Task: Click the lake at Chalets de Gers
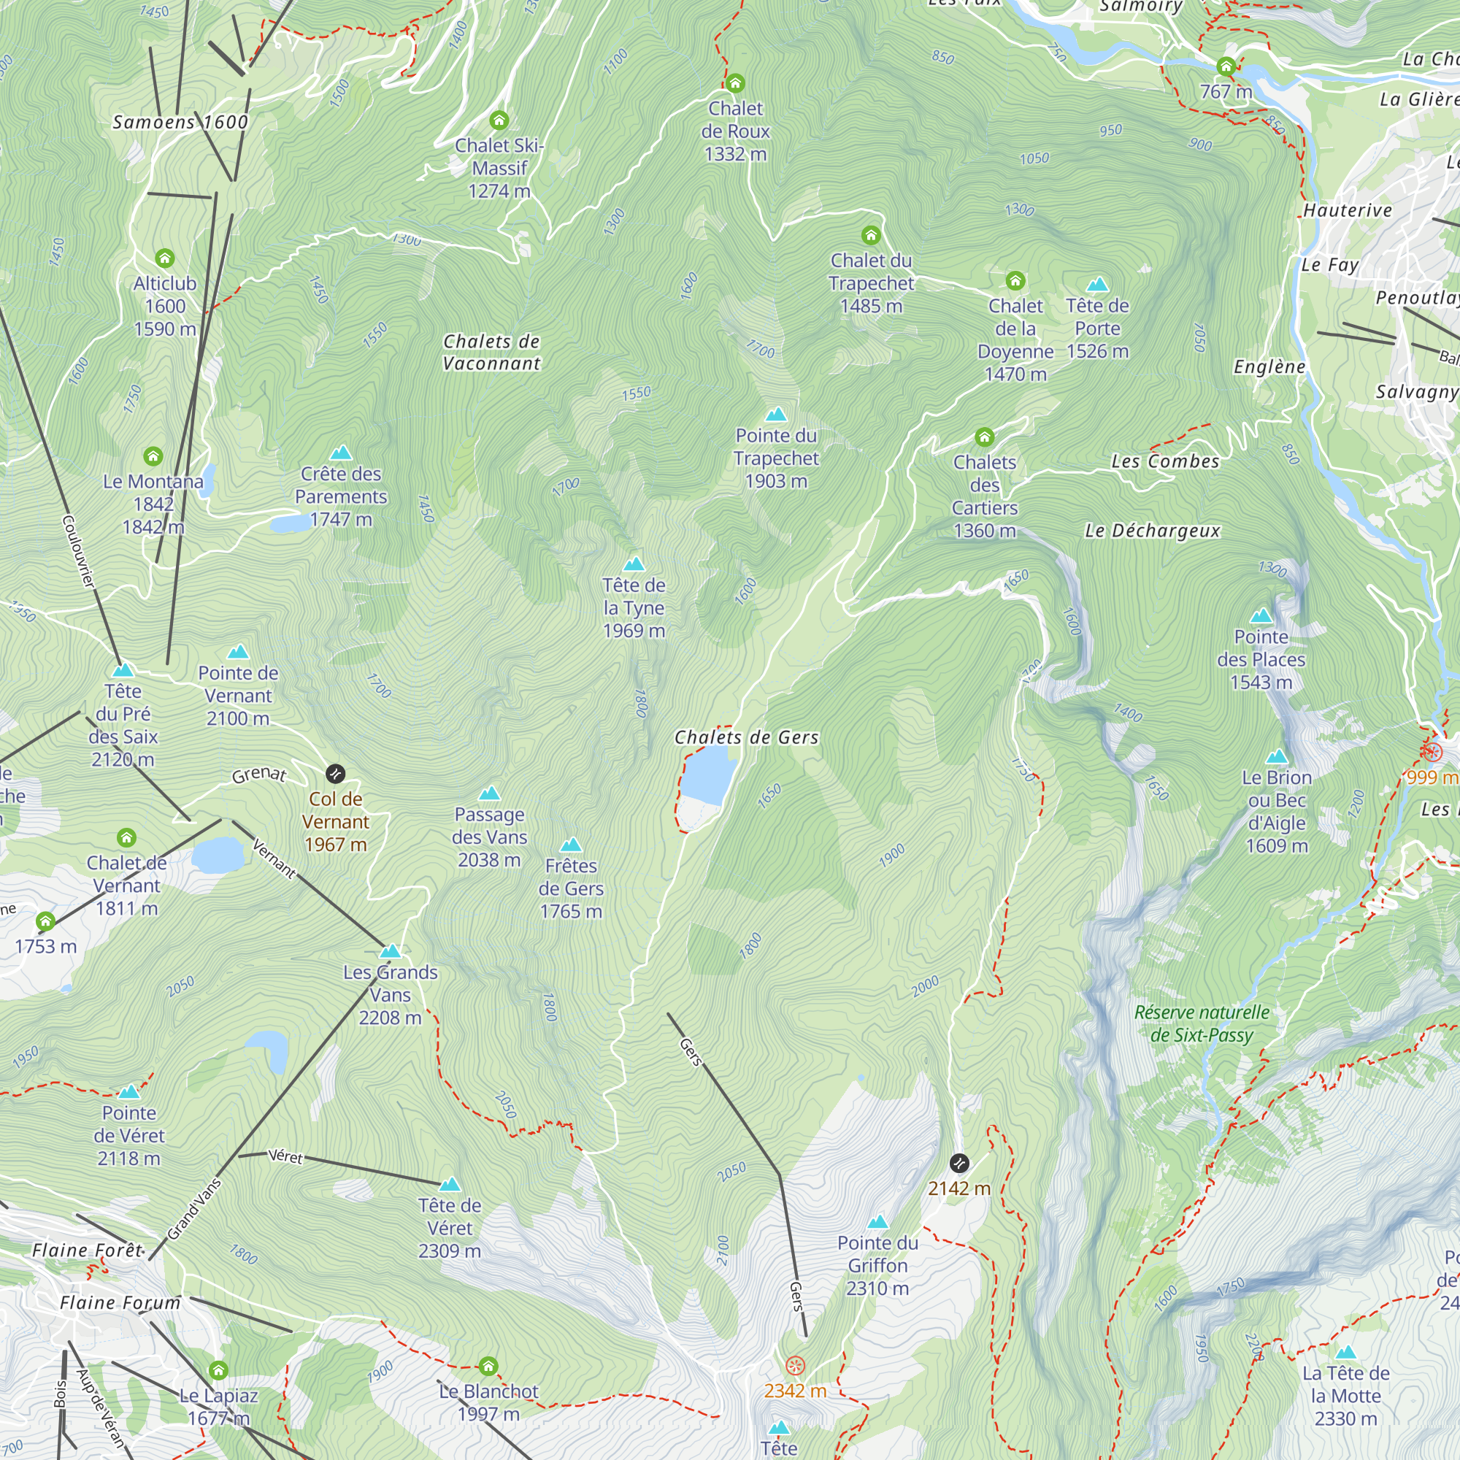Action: tap(708, 775)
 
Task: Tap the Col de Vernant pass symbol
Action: tap(336, 773)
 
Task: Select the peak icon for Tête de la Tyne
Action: tap(634, 564)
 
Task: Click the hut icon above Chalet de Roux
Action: tap(734, 83)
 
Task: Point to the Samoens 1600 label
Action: tap(180, 123)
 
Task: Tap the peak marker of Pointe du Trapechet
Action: tap(776, 414)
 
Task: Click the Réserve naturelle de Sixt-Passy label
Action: tap(1202, 1023)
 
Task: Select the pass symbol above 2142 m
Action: tap(959, 1162)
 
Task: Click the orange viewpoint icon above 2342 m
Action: tap(795, 1366)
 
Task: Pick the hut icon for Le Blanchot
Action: tap(488, 1367)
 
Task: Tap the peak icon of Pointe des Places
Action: tap(1261, 616)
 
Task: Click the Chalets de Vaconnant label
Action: tap(491, 352)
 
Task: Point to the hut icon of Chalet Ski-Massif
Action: tap(499, 120)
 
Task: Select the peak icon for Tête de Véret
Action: tap(450, 1184)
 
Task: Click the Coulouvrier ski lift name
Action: tap(79, 551)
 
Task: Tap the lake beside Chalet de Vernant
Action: tap(217, 855)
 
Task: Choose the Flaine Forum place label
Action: tap(121, 1303)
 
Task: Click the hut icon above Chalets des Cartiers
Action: tap(984, 437)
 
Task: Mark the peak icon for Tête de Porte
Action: tap(1097, 284)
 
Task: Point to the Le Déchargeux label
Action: tap(1153, 531)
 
